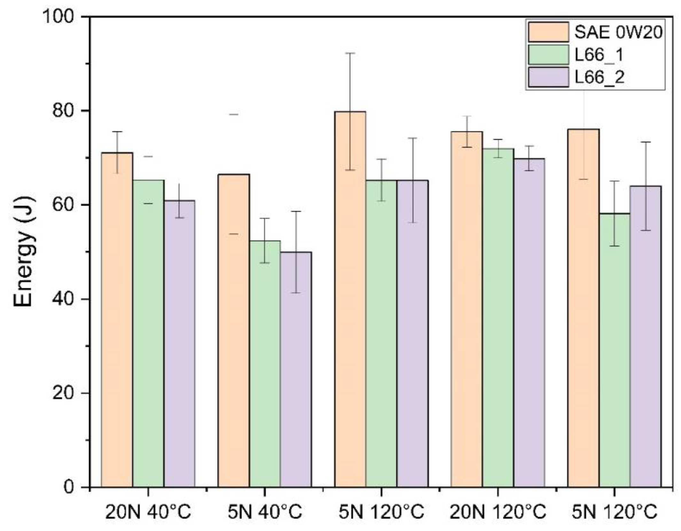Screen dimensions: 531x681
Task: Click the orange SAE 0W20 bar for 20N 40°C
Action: click(x=117, y=320)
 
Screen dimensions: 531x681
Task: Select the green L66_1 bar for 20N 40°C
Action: click(x=148, y=333)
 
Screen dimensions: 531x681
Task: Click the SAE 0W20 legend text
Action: click(x=618, y=32)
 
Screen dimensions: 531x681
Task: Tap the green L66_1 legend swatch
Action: click(x=548, y=54)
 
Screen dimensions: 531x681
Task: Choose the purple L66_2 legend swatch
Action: click(x=548, y=77)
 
